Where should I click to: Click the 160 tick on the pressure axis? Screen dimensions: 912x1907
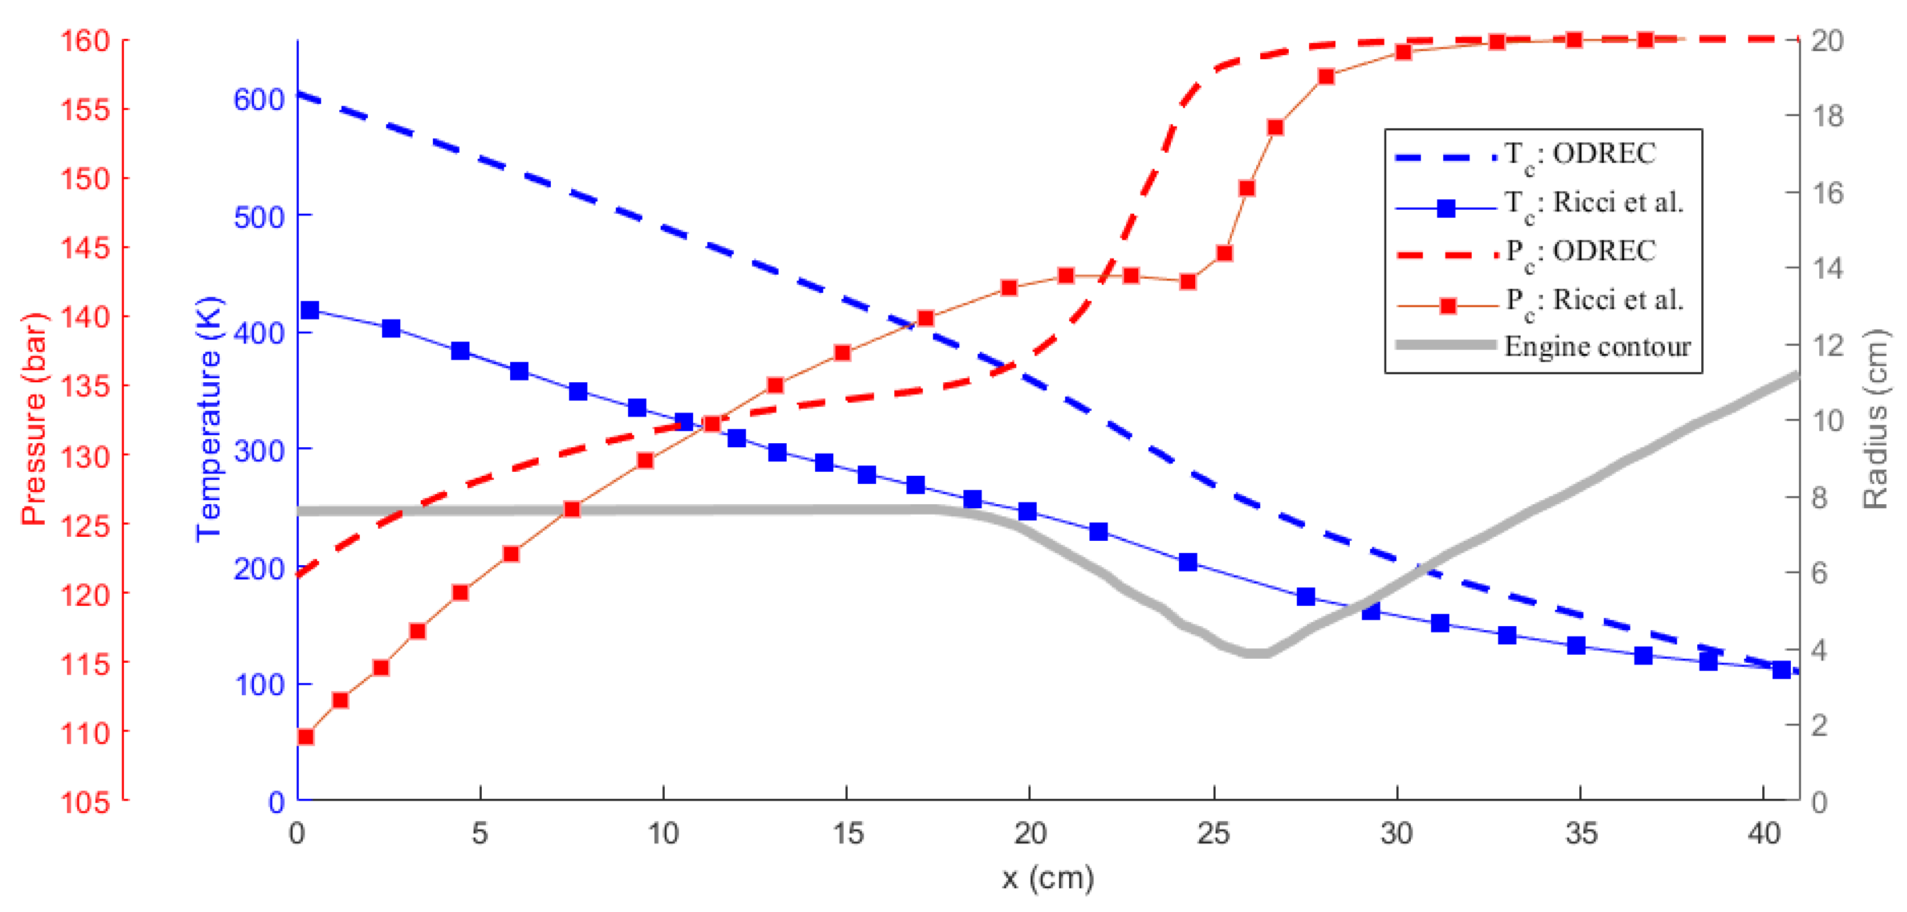[85, 40]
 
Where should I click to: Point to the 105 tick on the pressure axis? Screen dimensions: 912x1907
[85, 802]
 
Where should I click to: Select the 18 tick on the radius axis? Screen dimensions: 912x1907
[1827, 116]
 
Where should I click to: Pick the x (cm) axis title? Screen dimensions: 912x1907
[1048, 879]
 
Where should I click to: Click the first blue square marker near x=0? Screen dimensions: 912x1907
[310, 310]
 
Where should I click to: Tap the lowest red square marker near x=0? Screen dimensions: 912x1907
[305, 737]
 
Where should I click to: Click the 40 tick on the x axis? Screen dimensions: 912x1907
[1763, 834]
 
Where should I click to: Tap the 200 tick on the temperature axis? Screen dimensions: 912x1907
[259, 569]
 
